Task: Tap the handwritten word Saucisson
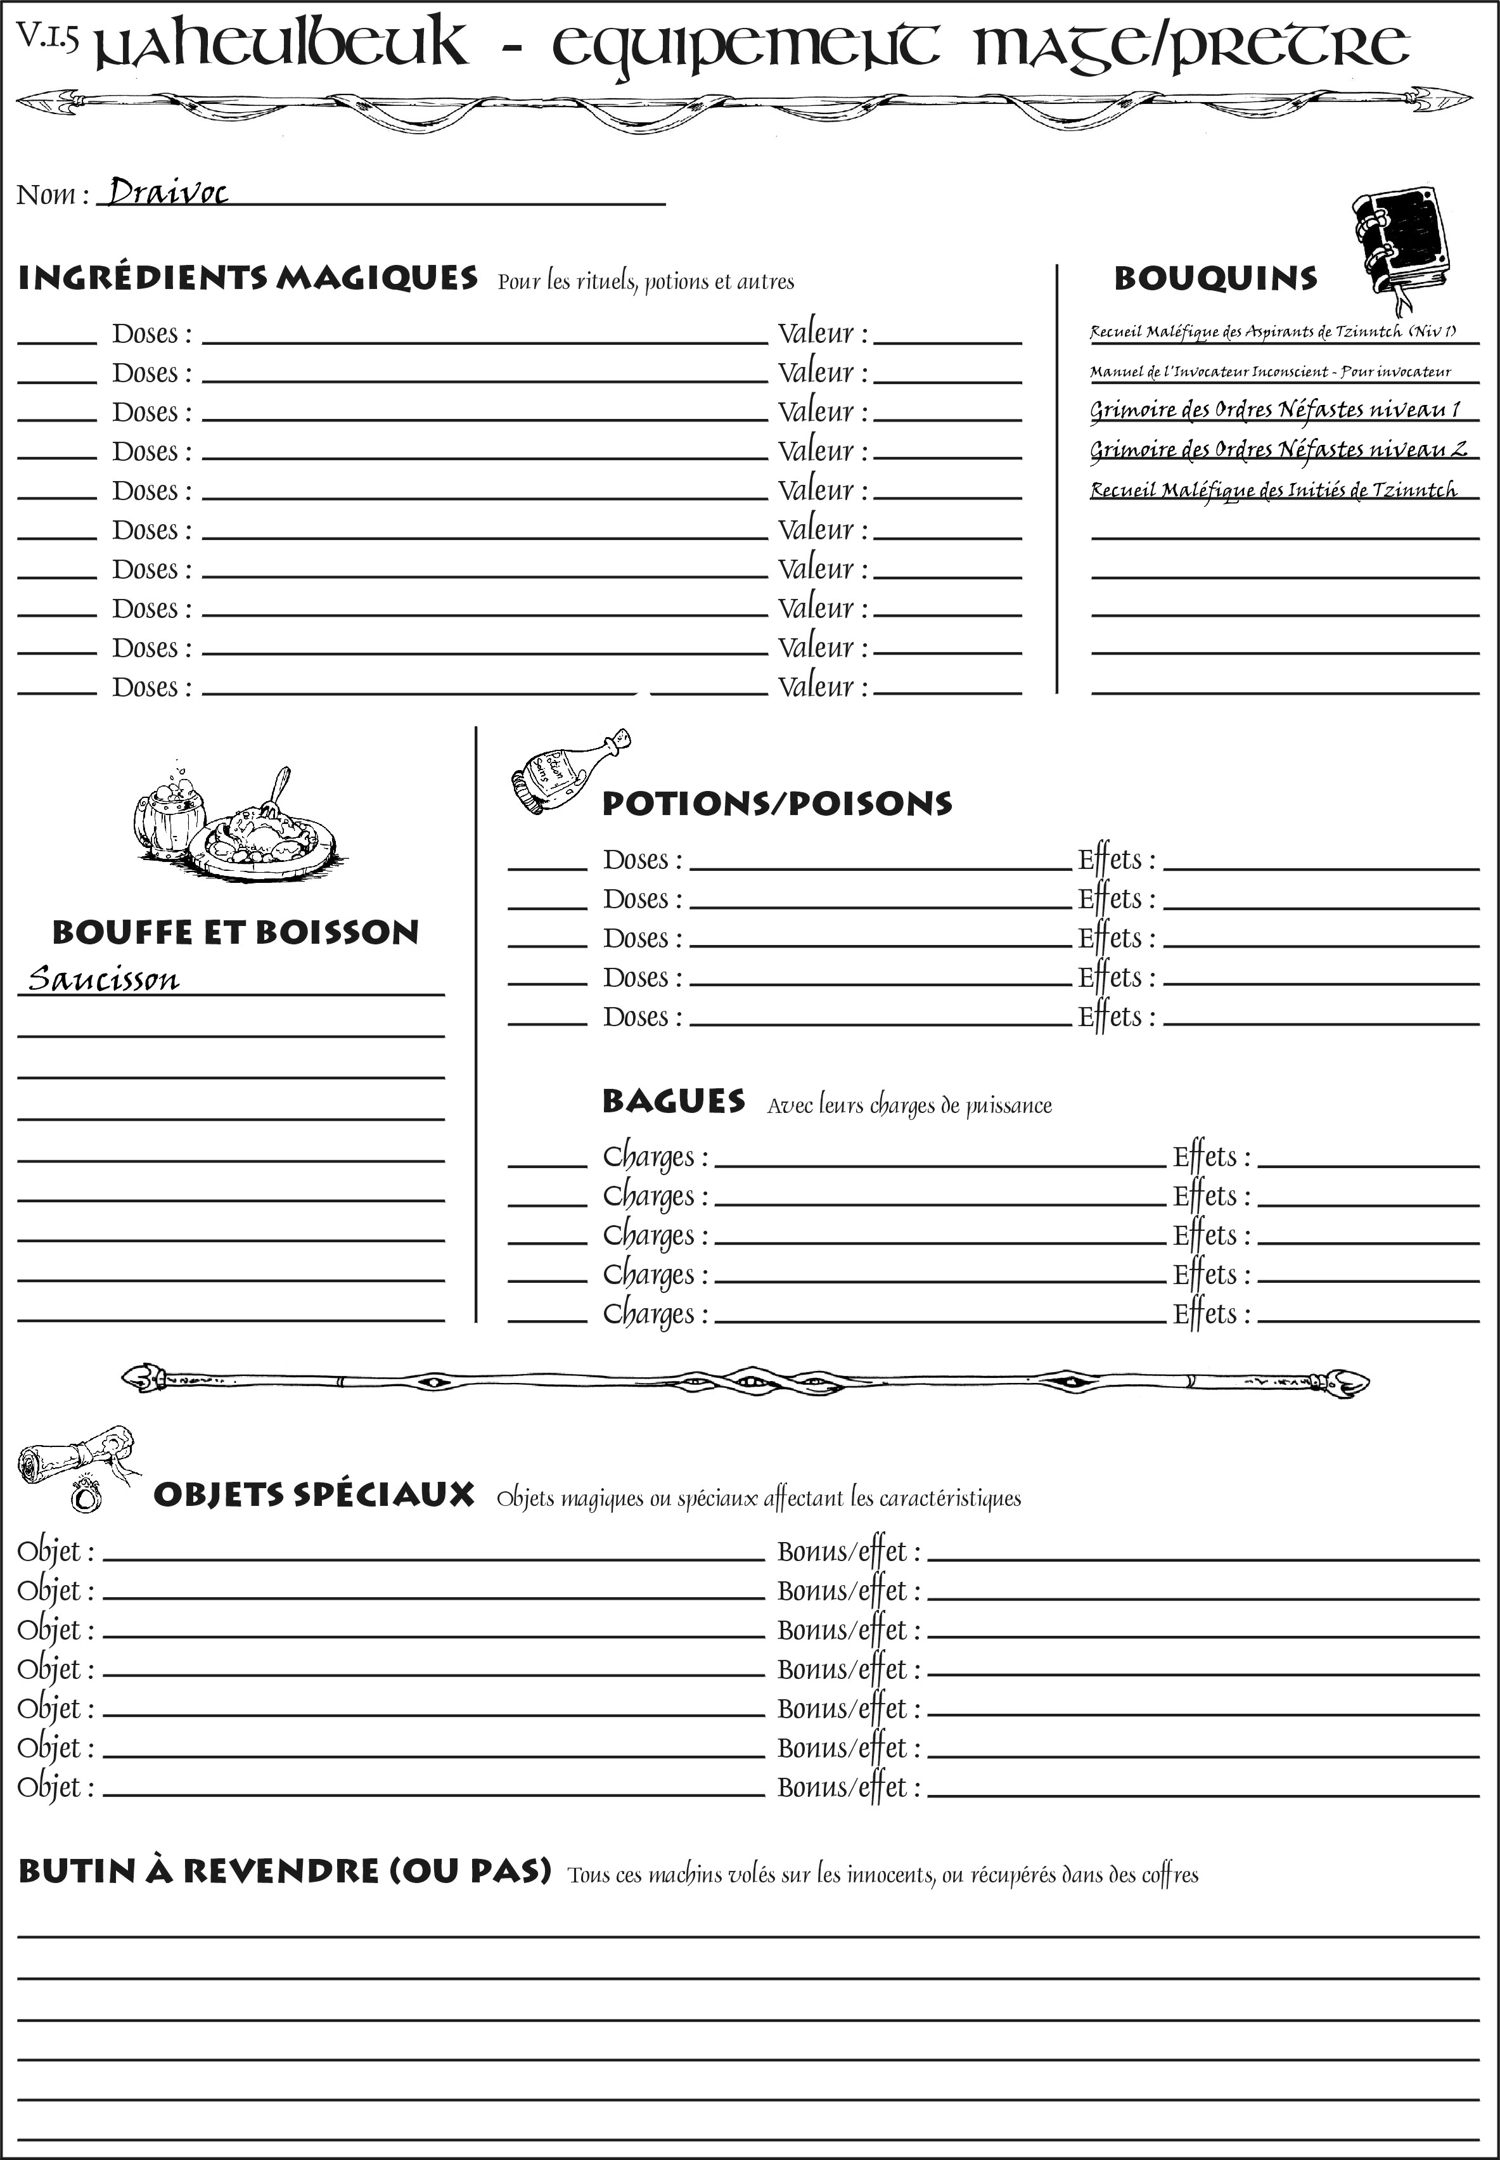103,979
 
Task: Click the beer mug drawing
169,814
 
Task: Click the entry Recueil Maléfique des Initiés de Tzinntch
1274,490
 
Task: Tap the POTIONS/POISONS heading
776,804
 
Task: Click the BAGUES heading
673,1101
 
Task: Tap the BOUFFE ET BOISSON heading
235,932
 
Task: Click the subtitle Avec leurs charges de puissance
909,1105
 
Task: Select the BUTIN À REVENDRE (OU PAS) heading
284,1870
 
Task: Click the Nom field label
52,195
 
